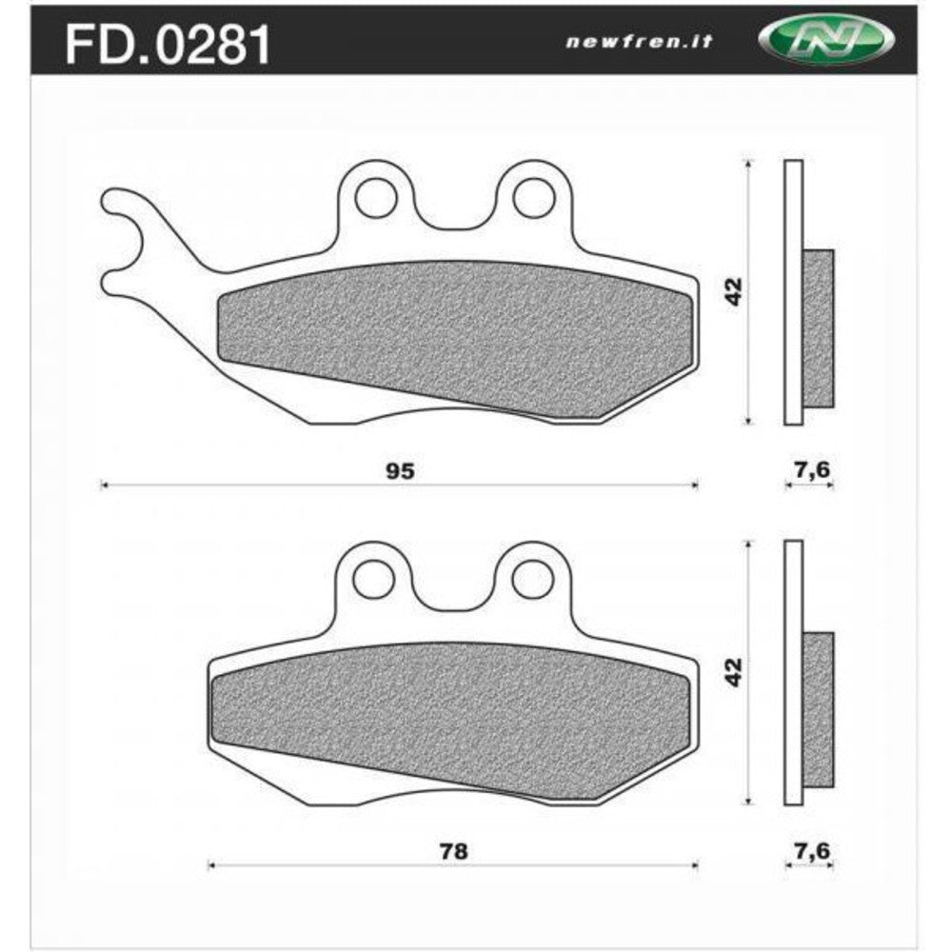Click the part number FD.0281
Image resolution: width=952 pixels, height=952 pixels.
pyautogui.click(x=168, y=44)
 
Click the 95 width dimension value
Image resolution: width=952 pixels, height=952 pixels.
pyautogui.click(x=399, y=470)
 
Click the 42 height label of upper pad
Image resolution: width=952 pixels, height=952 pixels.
pyautogui.click(x=734, y=291)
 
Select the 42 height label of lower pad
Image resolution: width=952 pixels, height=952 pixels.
pyautogui.click(x=734, y=672)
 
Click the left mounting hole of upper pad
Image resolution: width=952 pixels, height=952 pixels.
pyautogui.click(x=375, y=198)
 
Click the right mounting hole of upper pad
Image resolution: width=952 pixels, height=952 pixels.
pyautogui.click(x=533, y=198)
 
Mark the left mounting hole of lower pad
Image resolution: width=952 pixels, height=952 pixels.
pyautogui.click(x=375, y=578)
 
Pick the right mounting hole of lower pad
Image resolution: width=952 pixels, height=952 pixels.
pyautogui.click(x=533, y=578)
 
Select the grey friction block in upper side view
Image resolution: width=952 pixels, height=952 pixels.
pyautogui.click(x=818, y=328)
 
